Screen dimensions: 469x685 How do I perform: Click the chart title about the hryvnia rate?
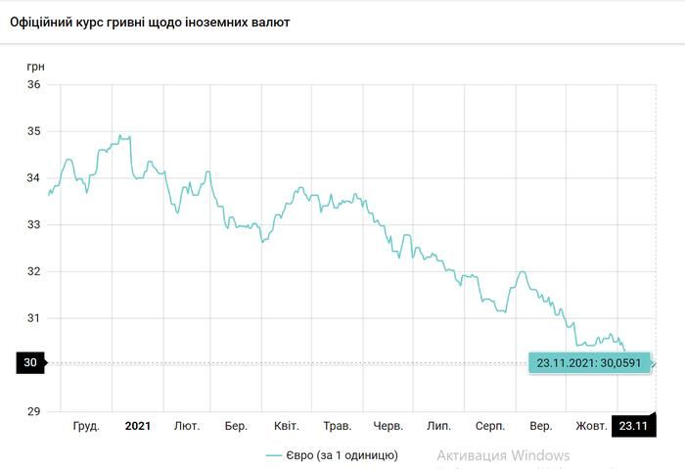pos(149,21)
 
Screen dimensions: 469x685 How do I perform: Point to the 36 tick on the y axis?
pos(33,84)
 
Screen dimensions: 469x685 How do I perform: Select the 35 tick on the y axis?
pos(33,131)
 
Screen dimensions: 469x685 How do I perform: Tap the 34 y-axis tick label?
pos(33,178)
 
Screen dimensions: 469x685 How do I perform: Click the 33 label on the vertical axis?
pos(33,224)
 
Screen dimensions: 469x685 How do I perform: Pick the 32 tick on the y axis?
pos(33,271)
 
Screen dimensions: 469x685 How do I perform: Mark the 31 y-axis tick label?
pos(33,317)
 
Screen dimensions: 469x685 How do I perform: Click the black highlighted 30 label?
pos(30,363)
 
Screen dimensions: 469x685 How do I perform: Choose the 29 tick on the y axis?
pos(33,410)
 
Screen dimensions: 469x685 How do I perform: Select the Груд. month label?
pos(87,426)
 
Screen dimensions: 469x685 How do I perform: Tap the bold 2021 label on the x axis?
pos(138,426)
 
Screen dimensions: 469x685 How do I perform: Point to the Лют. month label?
pos(187,426)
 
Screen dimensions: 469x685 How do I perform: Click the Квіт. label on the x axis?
pos(287,426)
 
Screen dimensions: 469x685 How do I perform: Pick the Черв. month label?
pos(388,426)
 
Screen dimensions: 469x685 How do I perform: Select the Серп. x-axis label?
pos(490,426)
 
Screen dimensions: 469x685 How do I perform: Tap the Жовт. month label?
pos(591,426)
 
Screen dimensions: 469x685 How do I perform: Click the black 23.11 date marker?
pos(633,426)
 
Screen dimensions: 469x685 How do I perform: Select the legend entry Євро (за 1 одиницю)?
pos(332,455)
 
